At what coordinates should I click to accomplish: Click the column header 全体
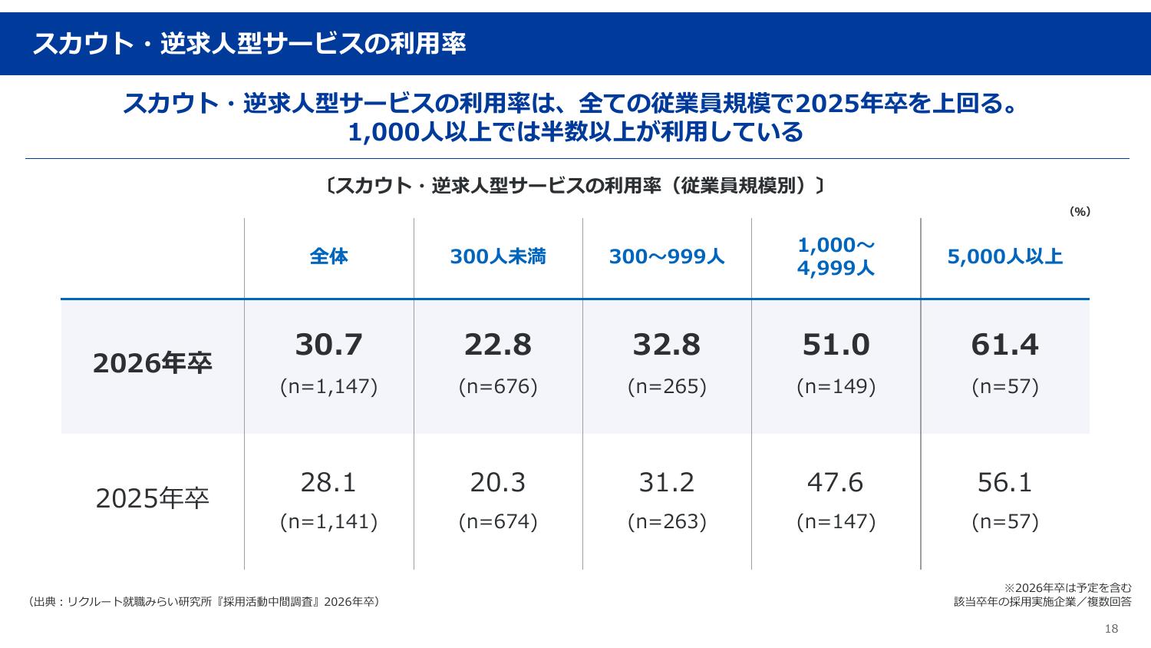[x=329, y=256]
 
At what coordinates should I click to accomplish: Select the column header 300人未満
[x=498, y=256]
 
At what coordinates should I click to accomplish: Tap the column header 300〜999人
[x=667, y=256]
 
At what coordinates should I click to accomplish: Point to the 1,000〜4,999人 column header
[x=836, y=256]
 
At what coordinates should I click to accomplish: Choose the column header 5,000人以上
[x=1004, y=256]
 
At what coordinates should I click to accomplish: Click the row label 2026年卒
[x=153, y=363]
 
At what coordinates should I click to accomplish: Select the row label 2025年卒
[x=153, y=499]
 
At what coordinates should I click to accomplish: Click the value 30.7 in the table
[x=329, y=345]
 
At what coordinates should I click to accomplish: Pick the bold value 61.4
[x=1004, y=345]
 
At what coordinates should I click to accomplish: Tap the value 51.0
[x=836, y=345]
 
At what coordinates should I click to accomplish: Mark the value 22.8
[x=498, y=345]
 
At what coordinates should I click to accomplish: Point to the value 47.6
[x=836, y=482]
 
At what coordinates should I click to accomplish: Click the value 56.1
[x=1004, y=482]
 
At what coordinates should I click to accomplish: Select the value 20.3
[x=498, y=482]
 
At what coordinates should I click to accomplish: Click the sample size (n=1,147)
[x=329, y=386]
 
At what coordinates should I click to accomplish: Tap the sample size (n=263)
[x=667, y=522]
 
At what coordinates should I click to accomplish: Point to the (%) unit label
[x=1080, y=212]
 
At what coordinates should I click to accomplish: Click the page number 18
[x=1111, y=629]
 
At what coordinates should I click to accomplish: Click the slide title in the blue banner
[x=249, y=44]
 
